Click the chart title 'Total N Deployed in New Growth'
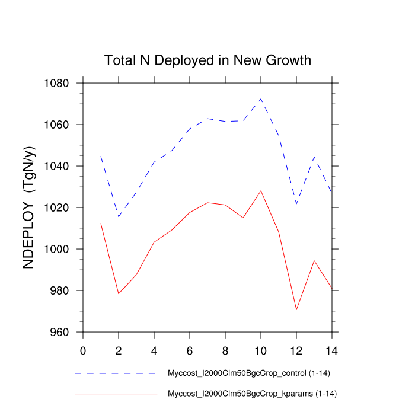207,60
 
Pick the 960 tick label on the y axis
60,332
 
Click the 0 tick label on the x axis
83,350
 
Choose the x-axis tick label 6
190,350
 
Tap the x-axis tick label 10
261,350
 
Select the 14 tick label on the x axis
332,350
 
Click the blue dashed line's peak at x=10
261,98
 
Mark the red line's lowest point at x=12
296,309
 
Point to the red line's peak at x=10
261,190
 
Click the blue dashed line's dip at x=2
119,216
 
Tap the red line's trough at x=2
119,293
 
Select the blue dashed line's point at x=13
314,157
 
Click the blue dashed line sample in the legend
116,374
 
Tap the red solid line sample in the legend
116,394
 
